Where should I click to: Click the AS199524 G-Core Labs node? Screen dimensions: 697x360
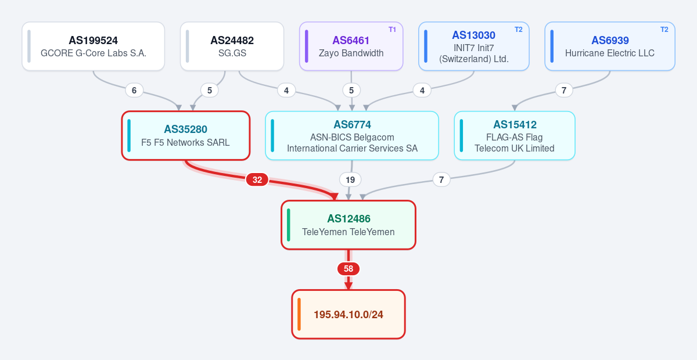94,46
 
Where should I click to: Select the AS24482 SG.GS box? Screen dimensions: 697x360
232,46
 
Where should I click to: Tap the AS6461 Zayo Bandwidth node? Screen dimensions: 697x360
351,46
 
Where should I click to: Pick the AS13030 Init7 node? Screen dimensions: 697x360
474,46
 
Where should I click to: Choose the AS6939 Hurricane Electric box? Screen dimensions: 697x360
610,46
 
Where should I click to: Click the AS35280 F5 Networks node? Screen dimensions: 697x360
186,136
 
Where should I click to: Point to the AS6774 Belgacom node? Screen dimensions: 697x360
352,136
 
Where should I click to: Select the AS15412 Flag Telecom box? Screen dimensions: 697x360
515,136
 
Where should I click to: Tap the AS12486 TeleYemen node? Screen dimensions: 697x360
348,225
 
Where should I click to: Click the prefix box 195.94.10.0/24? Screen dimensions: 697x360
348,314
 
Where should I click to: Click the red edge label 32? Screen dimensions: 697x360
257,180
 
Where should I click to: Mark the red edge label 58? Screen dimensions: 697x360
348,269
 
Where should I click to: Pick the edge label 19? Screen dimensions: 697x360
350,180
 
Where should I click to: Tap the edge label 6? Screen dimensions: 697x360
134,91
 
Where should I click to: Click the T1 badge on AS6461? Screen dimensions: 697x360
392,30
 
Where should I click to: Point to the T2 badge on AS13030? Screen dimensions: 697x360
518,30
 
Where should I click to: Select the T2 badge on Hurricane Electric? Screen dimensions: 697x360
664,30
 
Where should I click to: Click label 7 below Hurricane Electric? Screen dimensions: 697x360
564,91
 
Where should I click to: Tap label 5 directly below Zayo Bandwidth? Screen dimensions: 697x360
351,91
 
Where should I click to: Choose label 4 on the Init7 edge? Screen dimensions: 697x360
422,91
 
